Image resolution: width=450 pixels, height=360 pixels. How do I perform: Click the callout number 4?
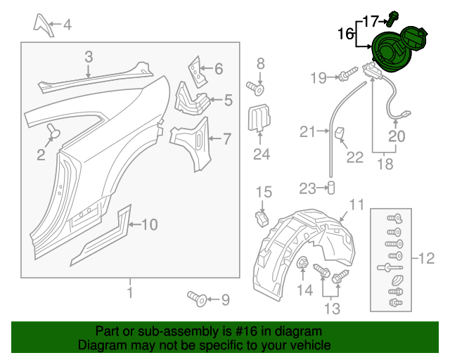[67, 26]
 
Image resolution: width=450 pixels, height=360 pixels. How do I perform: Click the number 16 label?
[345, 33]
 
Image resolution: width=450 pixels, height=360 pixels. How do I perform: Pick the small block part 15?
[262, 217]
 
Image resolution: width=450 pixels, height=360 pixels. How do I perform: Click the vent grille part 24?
[260, 117]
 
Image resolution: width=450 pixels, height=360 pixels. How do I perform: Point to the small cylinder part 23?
[330, 188]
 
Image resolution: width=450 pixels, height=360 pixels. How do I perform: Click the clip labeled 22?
[339, 134]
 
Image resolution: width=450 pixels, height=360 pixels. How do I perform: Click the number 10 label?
[150, 225]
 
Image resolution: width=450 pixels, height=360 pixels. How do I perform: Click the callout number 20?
[397, 137]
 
